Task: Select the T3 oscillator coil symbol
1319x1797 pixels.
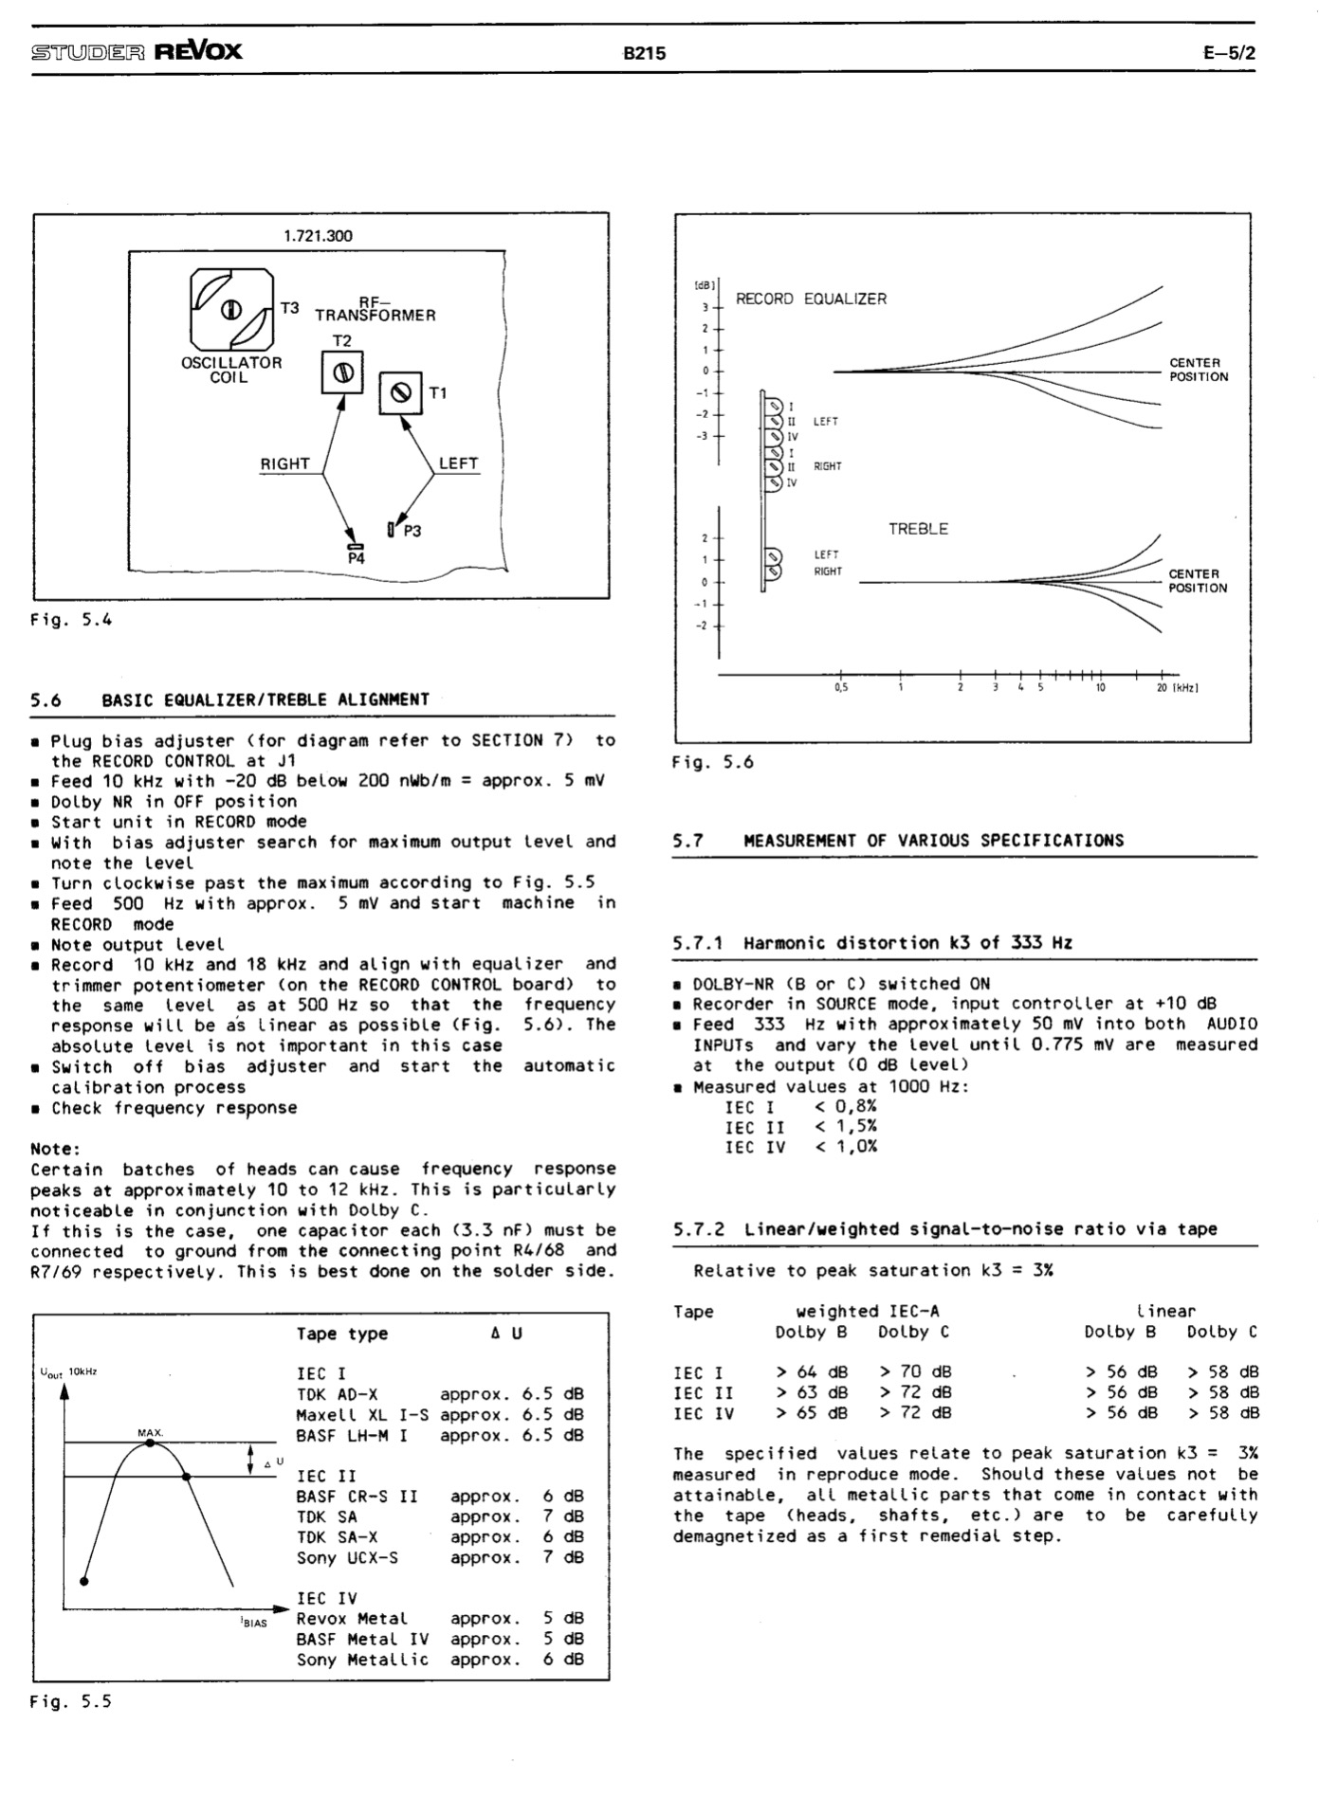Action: point(232,310)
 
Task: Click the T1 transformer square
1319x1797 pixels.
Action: point(401,392)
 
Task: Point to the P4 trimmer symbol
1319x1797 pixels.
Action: point(356,546)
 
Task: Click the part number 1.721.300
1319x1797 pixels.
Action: point(319,236)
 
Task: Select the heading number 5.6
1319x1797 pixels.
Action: point(46,700)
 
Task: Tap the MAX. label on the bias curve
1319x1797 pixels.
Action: point(150,1433)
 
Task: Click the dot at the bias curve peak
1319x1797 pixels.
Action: point(150,1443)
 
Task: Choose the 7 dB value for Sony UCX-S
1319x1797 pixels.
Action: point(563,1557)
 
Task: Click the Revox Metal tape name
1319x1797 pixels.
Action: point(352,1619)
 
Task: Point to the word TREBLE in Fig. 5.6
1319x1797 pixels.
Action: point(918,529)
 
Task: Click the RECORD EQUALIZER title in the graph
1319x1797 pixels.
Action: point(811,299)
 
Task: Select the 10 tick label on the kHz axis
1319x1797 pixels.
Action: point(1100,688)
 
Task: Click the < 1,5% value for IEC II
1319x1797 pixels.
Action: point(846,1127)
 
